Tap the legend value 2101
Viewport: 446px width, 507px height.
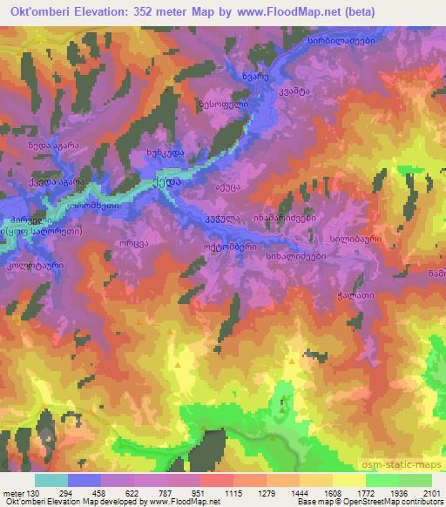tap(430, 492)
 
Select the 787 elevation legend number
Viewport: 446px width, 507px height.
tap(150, 492)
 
